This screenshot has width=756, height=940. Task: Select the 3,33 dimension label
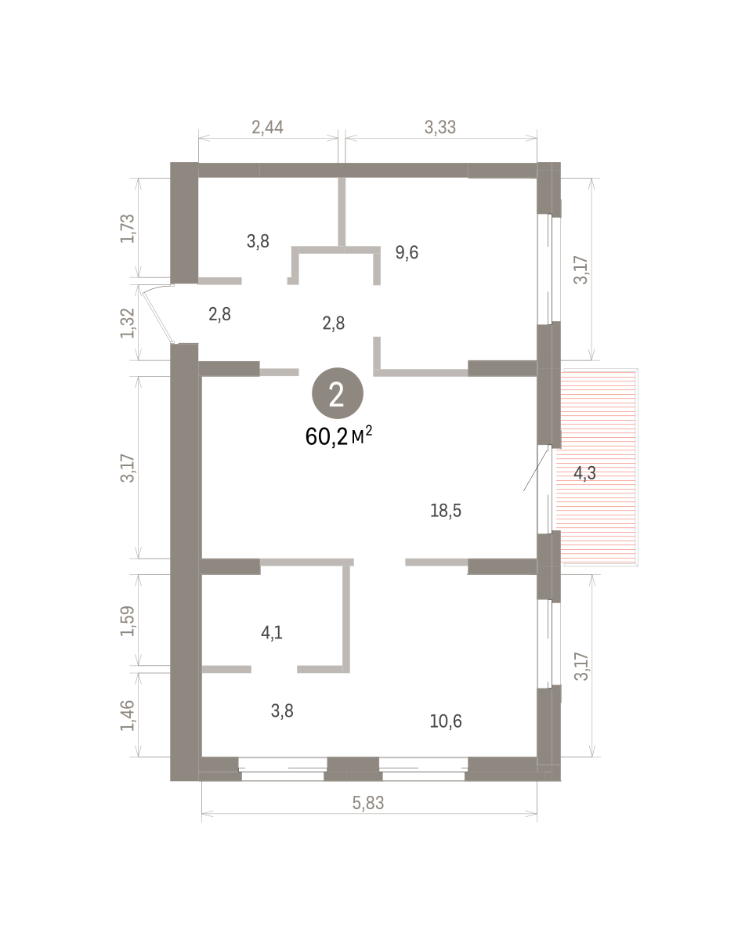tap(440, 127)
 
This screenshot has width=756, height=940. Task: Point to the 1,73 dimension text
tap(128, 228)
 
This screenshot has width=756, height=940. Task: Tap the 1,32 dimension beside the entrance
tap(128, 323)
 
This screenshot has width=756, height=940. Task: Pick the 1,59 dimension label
tap(128, 620)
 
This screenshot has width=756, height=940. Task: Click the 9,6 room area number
tap(407, 252)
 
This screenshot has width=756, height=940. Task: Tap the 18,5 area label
tap(446, 511)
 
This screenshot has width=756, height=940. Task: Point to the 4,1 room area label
tap(271, 631)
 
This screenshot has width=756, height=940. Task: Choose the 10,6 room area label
tap(446, 721)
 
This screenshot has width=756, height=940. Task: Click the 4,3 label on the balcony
tap(586, 472)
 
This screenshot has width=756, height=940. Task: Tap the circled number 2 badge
tap(338, 395)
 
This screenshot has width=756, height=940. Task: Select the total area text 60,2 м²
tap(338, 436)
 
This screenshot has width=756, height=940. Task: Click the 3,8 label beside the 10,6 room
tap(282, 711)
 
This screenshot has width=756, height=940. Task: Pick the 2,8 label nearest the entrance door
tap(219, 315)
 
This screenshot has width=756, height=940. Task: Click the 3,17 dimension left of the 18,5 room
tap(128, 468)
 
